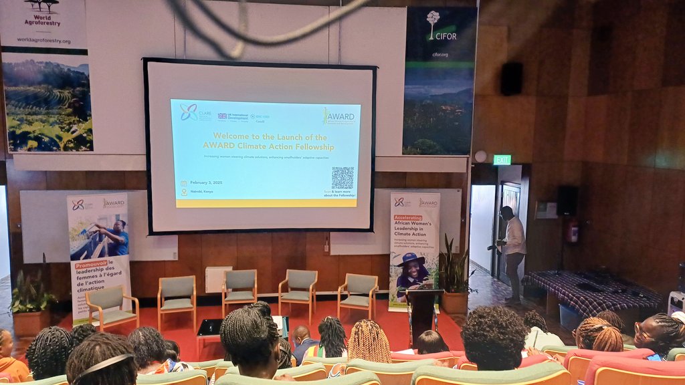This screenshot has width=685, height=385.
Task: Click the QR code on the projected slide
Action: (x=342, y=178)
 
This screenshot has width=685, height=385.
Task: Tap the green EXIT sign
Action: (x=502, y=160)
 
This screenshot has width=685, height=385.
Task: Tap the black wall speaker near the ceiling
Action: (x=512, y=78)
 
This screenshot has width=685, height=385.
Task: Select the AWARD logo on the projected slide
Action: (x=339, y=116)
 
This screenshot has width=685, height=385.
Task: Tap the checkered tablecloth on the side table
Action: (x=589, y=291)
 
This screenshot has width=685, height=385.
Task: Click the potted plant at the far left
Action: (x=30, y=301)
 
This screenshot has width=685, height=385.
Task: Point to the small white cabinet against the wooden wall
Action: (x=218, y=279)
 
